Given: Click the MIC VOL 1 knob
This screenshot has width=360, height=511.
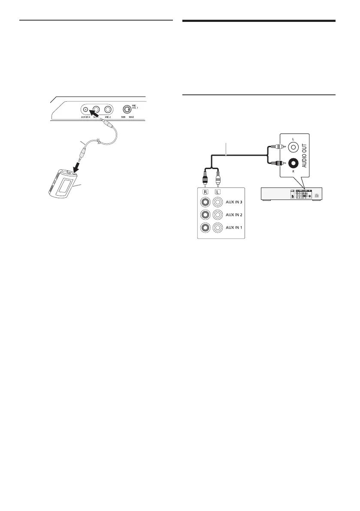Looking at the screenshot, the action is coord(127,109).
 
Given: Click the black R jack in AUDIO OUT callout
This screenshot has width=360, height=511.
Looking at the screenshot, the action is coord(293,164).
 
